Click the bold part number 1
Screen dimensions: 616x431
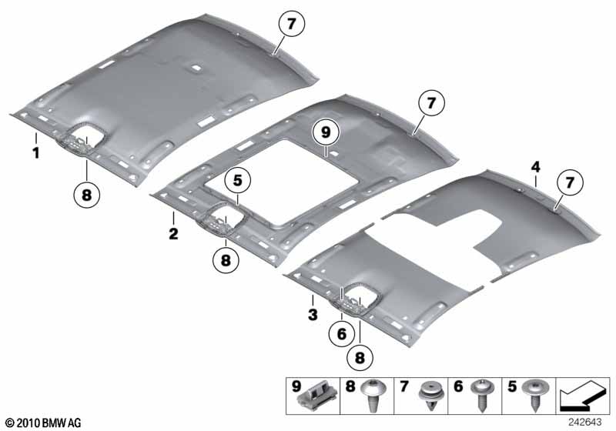pos(36,152)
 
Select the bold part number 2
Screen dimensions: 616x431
pos(173,234)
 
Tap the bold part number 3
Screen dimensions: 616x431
pos(313,315)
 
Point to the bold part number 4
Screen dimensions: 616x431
pos(535,167)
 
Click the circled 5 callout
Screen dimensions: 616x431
pos(238,181)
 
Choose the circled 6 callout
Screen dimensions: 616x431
pos(342,334)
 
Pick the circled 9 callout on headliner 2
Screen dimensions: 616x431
pos(326,132)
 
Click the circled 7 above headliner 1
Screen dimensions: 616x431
pos(291,24)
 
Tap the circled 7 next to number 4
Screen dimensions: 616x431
pos(570,182)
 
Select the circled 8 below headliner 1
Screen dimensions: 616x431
pos(87,194)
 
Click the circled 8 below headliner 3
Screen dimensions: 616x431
pos(360,357)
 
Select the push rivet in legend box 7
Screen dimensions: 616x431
pos(430,396)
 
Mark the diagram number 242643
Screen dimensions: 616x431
pos(584,423)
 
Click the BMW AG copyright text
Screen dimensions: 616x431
pos(44,423)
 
